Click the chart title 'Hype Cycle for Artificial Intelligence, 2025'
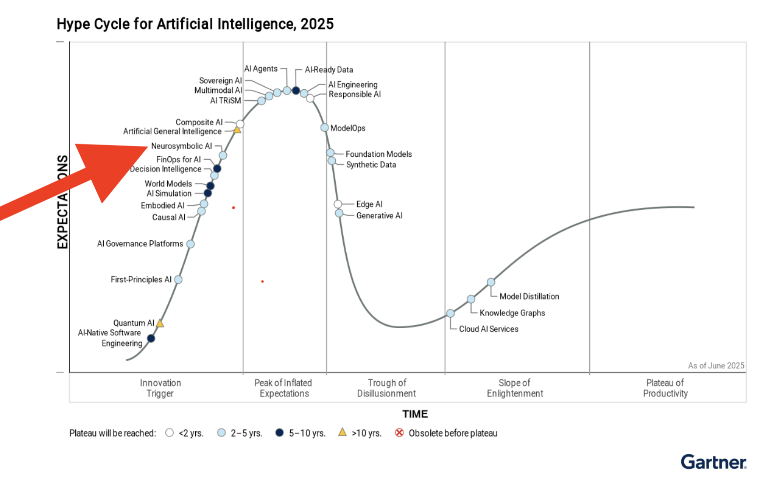(x=195, y=24)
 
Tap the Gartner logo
(x=713, y=462)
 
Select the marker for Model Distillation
(x=491, y=282)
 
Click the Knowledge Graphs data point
(x=471, y=299)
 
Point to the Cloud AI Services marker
(x=450, y=313)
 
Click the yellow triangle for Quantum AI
(x=160, y=323)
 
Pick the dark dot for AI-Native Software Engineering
(x=151, y=338)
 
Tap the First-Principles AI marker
(x=178, y=279)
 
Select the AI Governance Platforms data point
(x=190, y=244)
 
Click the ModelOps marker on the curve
(x=324, y=127)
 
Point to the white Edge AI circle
(x=338, y=204)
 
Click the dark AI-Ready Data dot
(x=296, y=91)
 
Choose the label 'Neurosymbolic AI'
(x=181, y=146)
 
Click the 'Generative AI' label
(x=379, y=215)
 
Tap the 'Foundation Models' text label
(x=379, y=154)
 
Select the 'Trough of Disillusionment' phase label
(x=387, y=388)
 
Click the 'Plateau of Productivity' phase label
(x=665, y=388)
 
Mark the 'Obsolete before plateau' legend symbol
(x=399, y=433)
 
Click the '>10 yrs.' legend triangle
(x=342, y=432)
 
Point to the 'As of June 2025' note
(x=716, y=365)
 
